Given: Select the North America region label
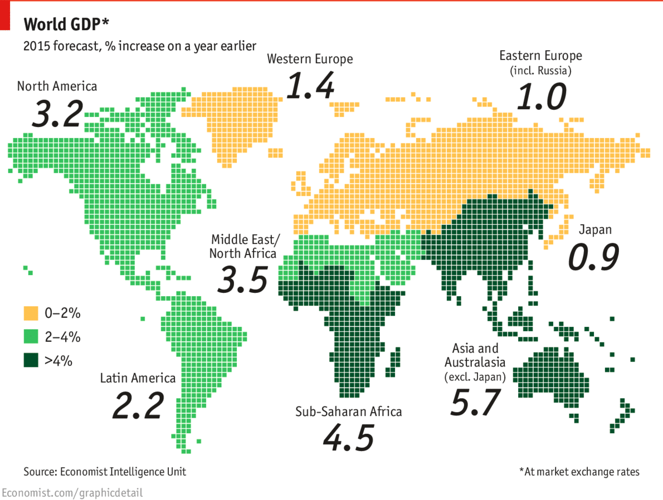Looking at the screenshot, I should pos(57,86).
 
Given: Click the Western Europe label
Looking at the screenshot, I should pos(310,59).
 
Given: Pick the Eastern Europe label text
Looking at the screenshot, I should pos(540,56).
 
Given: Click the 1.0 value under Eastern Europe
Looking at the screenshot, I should pos(540,96).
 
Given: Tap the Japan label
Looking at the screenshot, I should pos(595,229).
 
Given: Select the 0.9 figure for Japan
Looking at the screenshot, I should pos(594,257).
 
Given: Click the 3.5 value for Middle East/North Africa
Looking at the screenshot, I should pos(242,280).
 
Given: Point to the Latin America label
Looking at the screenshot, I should pos(138,379).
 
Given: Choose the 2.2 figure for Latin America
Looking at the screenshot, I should pos(138,406).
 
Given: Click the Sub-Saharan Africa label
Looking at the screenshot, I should pos(348,412).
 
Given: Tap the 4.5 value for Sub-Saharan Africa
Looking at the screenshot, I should pos(348,438).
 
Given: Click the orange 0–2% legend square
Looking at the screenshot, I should pos(31,313).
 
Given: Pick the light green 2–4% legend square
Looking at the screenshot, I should pos(31,336).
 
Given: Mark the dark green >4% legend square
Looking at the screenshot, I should pos(31,360).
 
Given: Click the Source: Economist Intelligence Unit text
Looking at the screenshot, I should pos(105,472).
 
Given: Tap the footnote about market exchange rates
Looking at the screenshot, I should pos(579,472).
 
